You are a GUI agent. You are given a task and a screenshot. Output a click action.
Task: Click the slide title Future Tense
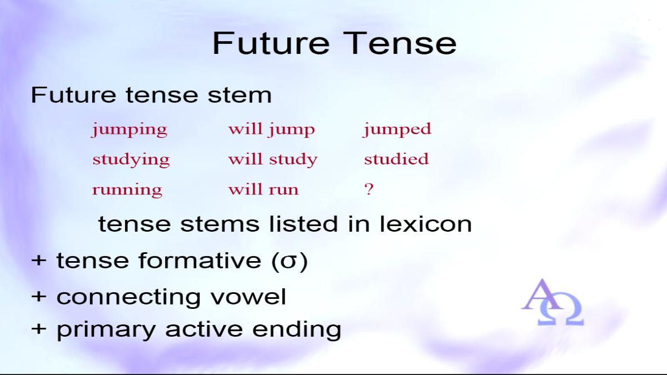[x=335, y=43]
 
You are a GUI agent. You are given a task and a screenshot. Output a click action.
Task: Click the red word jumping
[x=130, y=130]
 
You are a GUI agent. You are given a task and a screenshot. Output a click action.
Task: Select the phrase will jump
[x=272, y=130]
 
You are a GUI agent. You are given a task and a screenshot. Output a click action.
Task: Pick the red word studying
[x=131, y=159]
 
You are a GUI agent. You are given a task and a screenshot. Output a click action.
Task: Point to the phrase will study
[x=273, y=159]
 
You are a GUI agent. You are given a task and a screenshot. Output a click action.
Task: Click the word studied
[x=396, y=158]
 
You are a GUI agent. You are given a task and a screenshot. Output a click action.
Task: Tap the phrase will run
[x=263, y=189]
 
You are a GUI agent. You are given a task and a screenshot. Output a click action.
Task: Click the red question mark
[x=369, y=189]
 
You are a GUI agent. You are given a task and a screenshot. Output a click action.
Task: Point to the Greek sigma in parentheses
[x=288, y=261]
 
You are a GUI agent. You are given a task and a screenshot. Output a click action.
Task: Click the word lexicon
[x=426, y=224]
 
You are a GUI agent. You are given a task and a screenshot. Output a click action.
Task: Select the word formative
[x=200, y=261]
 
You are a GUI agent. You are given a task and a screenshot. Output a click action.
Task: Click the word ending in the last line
[x=297, y=330]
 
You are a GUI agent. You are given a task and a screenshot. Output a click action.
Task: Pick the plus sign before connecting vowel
[x=39, y=297]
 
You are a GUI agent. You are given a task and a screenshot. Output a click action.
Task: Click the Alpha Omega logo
[x=553, y=302]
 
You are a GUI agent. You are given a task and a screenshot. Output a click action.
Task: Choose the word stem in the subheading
[x=240, y=95]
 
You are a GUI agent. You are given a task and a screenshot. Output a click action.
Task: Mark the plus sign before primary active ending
[x=39, y=329]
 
